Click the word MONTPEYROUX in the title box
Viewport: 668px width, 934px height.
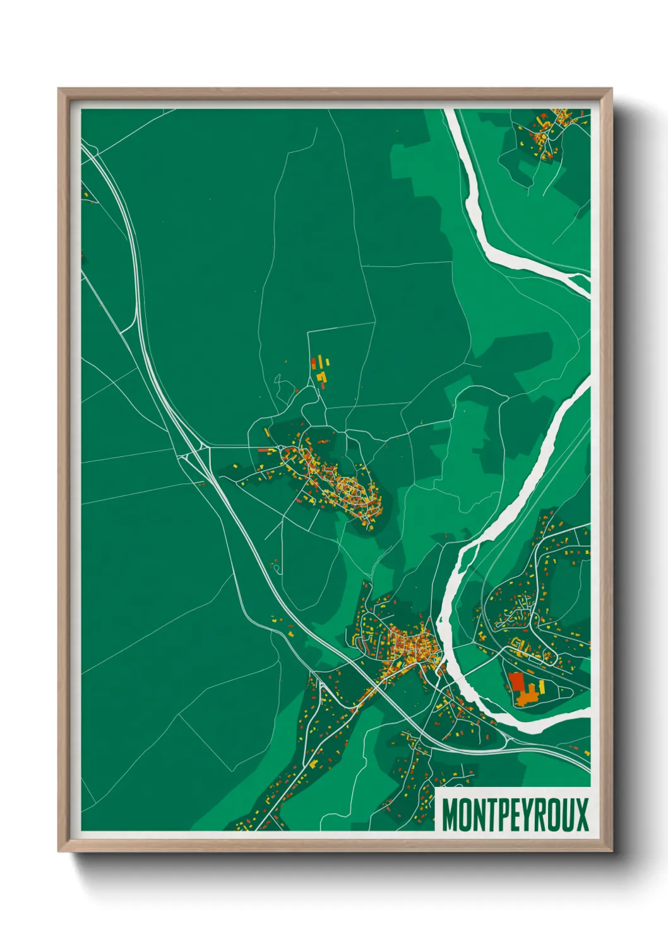(x=515, y=815)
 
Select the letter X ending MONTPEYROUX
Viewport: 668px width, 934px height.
(x=582, y=815)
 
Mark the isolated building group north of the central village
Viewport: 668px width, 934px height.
(x=320, y=370)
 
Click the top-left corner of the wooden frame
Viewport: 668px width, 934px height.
(x=59, y=90)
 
